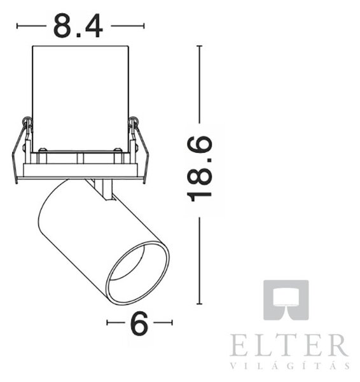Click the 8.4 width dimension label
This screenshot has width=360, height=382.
click(x=78, y=26)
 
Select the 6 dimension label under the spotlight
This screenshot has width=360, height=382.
click(x=139, y=323)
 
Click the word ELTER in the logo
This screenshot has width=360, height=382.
click(x=289, y=345)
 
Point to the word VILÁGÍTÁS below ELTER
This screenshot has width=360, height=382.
click(x=290, y=366)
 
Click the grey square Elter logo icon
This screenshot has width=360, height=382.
click(x=286, y=300)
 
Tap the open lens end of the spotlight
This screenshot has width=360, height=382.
click(x=138, y=272)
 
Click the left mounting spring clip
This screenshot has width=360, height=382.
click(x=21, y=150)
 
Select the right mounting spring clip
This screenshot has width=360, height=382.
click(x=139, y=150)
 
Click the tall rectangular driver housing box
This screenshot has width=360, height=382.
click(x=81, y=99)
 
